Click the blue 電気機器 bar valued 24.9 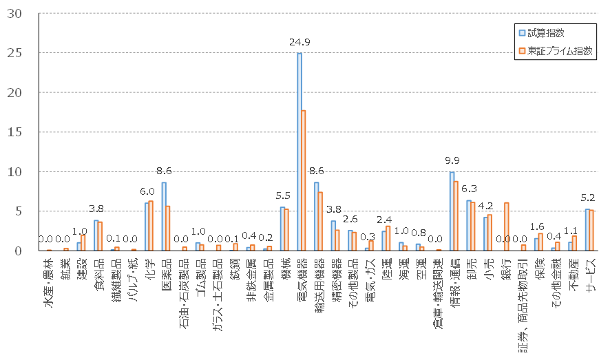[x=299, y=151]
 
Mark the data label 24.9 [x=301, y=43]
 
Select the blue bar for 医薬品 [x=164, y=216]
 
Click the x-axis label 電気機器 [x=302, y=275]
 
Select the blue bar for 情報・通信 [x=452, y=211]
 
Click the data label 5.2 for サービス [x=589, y=198]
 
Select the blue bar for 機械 [x=282, y=229]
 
